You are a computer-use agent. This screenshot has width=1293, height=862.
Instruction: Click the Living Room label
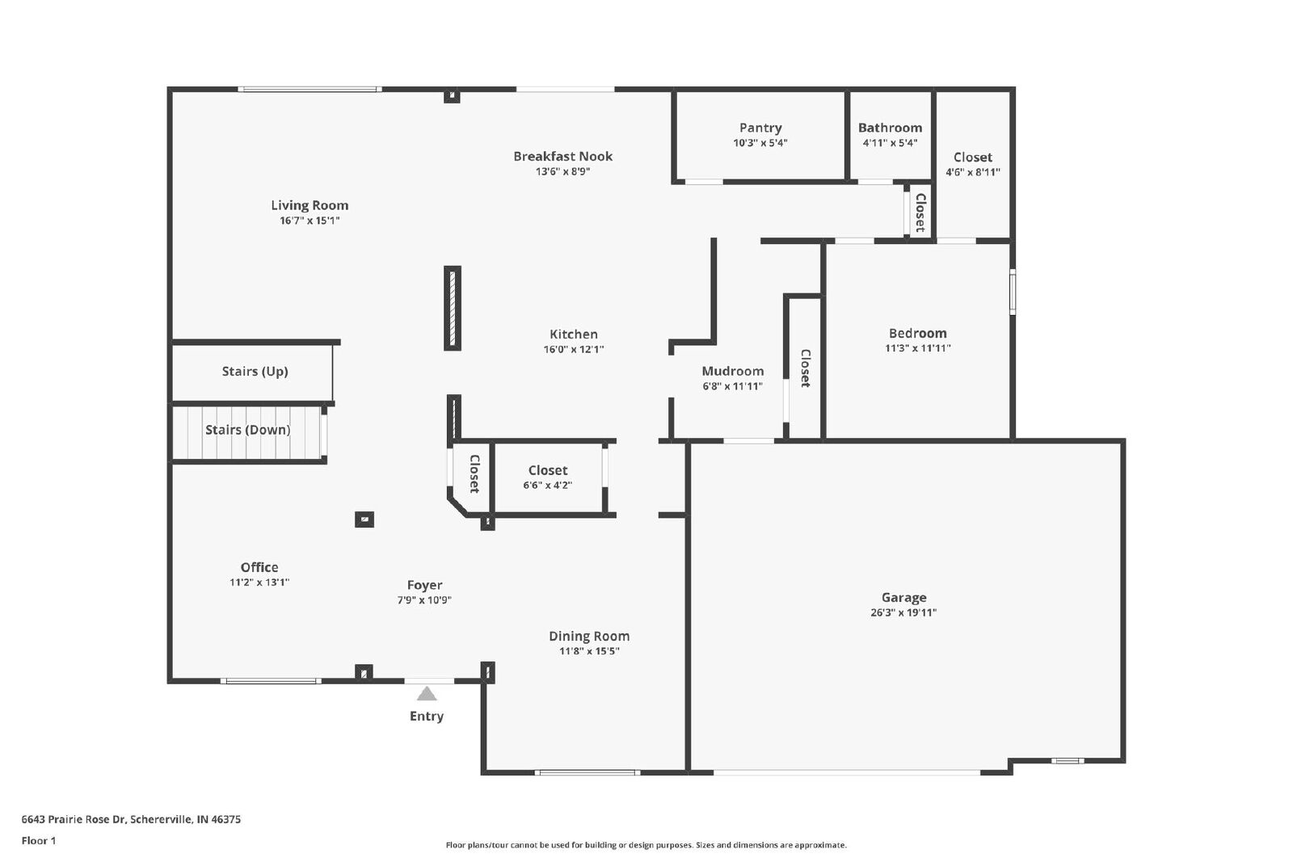[x=310, y=205]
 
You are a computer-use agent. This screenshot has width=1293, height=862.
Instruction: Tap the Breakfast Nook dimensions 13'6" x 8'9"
[x=562, y=171]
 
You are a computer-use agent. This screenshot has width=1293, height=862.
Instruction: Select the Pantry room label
[x=760, y=128]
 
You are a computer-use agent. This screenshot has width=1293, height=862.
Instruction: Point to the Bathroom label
[x=890, y=128]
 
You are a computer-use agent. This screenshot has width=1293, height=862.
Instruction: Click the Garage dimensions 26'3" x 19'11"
[x=903, y=612]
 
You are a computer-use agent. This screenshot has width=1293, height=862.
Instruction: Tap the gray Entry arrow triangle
[x=427, y=693]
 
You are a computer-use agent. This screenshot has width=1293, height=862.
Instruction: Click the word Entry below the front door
[x=427, y=716]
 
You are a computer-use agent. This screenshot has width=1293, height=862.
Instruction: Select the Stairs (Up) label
[x=255, y=372]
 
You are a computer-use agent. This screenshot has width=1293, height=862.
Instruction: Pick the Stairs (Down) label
[x=247, y=430]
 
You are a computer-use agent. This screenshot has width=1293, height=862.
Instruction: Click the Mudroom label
[x=732, y=371]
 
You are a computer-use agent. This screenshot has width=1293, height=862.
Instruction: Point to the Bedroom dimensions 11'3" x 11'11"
[x=917, y=348]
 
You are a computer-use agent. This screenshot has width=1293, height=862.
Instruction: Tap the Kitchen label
[x=573, y=334]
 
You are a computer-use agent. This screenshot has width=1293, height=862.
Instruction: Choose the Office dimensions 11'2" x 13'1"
[x=259, y=582]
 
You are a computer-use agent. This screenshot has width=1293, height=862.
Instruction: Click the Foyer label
[x=424, y=586]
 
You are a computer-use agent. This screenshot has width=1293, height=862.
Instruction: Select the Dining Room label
[x=589, y=636]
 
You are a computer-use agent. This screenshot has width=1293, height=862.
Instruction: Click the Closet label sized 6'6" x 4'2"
[x=548, y=470]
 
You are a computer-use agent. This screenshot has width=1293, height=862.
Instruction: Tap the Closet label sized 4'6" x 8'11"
[x=973, y=157]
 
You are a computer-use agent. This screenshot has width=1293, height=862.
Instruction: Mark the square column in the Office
[x=364, y=519]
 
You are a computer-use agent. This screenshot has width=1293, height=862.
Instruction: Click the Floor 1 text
[x=39, y=841]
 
